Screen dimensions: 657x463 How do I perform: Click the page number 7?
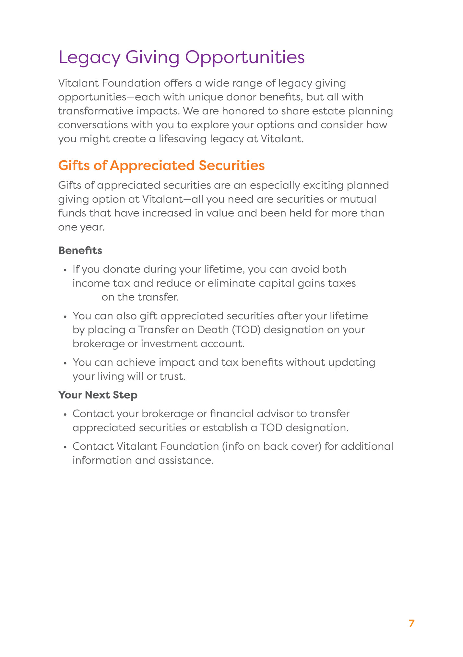pos(411,623)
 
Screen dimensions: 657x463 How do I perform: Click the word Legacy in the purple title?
pos(89,58)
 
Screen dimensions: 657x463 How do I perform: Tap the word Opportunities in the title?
pos(245,58)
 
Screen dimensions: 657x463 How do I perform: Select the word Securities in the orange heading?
pos(231,166)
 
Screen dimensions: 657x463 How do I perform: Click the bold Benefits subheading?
pos(80,250)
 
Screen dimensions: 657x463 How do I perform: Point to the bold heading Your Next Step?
pos(98,395)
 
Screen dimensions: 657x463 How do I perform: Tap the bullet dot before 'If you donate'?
pos(65,270)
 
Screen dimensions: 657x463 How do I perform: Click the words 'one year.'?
pos(81,227)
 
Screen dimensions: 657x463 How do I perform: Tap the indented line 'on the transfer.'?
pos(140,297)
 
